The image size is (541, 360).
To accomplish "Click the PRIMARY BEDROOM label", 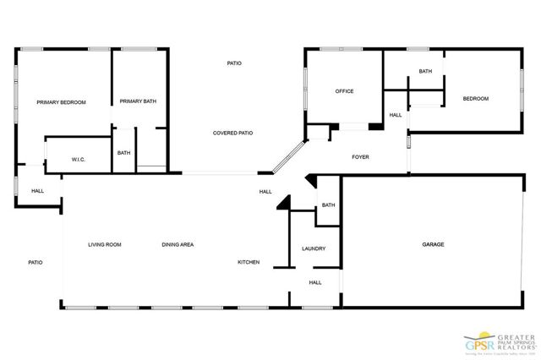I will coord(61,102).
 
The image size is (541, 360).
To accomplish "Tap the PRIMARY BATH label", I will coord(138,101).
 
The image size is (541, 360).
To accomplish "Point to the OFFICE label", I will coord(344,91).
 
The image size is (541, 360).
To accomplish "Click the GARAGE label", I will coord(434,244).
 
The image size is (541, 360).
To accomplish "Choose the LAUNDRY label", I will coord(314,248).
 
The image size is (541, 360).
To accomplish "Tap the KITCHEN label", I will coord(249,263).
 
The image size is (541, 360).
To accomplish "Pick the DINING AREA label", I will coord(178,244).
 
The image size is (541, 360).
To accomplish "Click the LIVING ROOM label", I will coord(105,244).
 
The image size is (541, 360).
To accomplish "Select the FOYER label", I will coord(360,157).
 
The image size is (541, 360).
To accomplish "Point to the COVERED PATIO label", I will coord(232,133).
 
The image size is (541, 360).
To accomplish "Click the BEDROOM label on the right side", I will coord(475,99).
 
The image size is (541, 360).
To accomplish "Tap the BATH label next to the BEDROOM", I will coord(425,71).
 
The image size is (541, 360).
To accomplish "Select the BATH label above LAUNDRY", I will coord(328,205).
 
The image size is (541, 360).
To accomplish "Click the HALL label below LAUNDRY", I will coord(314,283).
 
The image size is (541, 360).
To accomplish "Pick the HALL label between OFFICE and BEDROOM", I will coord(396,115).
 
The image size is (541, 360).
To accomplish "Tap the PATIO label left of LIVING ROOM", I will coord(35,263).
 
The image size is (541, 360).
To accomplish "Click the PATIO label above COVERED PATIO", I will coord(235,63).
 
